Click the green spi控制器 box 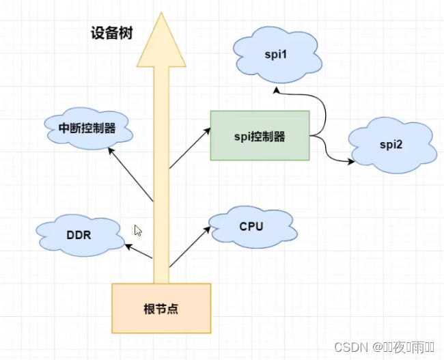pyautogui.click(x=260, y=136)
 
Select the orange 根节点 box pyautogui.click(x=161, y=308)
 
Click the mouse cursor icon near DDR pyautogui.click(x=137, y=230)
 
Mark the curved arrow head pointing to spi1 pyautogui.click(x=275, y=89)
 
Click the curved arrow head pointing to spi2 pyautogui.click(x=351, y=162)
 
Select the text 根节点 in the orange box pyautogui.click(x=162, y=308)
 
